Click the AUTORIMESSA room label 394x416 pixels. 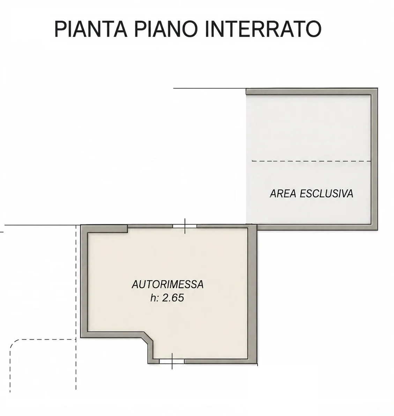(168, 285)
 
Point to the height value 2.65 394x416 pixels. (173, 298)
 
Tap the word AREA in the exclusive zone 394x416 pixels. (283, 194)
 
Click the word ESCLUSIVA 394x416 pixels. (327, 194)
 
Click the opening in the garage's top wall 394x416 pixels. (185, 226)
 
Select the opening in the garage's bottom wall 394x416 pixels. (172, 361)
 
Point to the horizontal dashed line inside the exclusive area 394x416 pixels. (311, 161)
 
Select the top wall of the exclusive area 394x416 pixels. (312, 91)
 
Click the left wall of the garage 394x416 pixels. (84, 281)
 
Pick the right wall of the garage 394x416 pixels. (253, 294)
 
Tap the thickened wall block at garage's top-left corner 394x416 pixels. (107, 229)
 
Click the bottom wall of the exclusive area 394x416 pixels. (317, 227)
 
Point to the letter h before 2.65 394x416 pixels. (153, 298)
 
